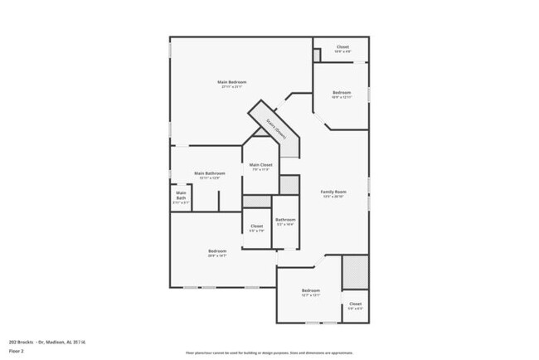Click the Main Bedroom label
click(232, 82)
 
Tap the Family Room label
click(333, 192)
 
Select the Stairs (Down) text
click(274, 129)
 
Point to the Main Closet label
click(260, 165)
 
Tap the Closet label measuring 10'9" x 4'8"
click(342, 47)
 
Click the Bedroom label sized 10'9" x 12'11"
click(342, 92)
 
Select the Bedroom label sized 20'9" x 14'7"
click(217, 251)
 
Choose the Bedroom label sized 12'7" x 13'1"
click(311, 290)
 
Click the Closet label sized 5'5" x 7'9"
click(257, 226)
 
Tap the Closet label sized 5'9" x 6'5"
click(355, 304)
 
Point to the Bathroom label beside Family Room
click(285, 220)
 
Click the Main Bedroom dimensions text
click(232, 87)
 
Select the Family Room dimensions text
click(333, 197)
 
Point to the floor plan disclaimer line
click(269, 353)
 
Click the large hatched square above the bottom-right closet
click(355, 272)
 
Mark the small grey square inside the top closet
click(317, 54)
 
